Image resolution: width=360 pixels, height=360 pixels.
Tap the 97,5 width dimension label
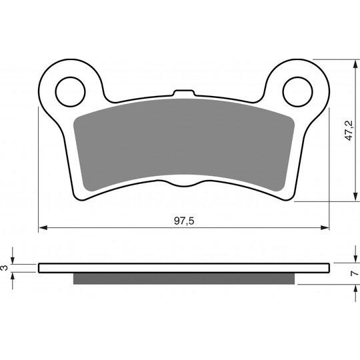[x=184, y=221]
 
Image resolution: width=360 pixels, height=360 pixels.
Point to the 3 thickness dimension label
[x=5, y=268]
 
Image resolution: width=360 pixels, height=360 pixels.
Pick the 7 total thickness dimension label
[x=354, y=273]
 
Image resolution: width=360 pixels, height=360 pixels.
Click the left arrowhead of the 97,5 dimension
[x=43, y=227]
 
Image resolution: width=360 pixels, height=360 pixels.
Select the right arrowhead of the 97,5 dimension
[x=325, y=227]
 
